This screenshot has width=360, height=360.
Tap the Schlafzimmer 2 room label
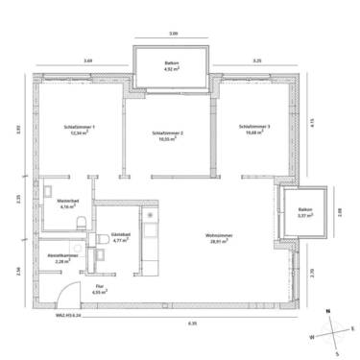pyautogui.click(x=168, y=132)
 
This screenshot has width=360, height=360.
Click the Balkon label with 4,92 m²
pyautogui.click(x=173, y=63)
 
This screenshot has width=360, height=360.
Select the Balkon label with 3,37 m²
pyautogui.click(x=305, y=209)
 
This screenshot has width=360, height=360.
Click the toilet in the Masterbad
pyautogui.click(x=84, y=223)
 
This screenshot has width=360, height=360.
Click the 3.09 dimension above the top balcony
pyautogui.click(x=173, y=34)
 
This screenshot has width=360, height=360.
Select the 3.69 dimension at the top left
pyautogui.click(x=87, y=61)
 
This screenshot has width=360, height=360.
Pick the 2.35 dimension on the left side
pyautogui.click(x=16, y=199)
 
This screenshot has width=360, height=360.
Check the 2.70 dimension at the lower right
pyautogui.click(x=314, y=274)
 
